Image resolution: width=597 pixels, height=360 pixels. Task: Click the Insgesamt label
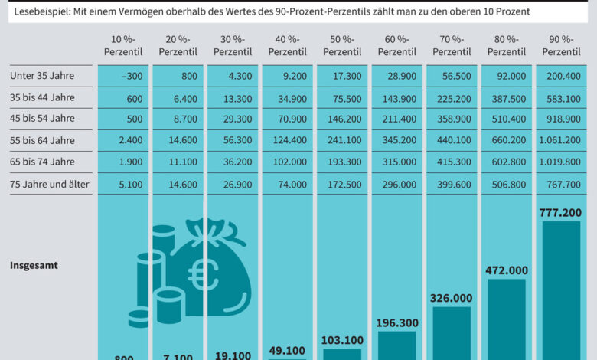[x=34, y=265]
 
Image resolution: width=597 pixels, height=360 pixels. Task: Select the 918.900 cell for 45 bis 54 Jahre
[x=563, y=119]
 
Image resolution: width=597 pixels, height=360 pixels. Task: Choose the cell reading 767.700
[x=563, y=184]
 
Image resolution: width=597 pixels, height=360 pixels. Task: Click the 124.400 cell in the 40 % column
[x=290, y=140]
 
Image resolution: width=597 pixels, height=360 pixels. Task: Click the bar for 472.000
[x=507, y=318]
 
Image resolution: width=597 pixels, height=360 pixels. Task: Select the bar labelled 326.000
[x=452, y=332]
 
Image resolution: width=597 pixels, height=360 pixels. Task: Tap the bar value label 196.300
[x=396, y=323]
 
